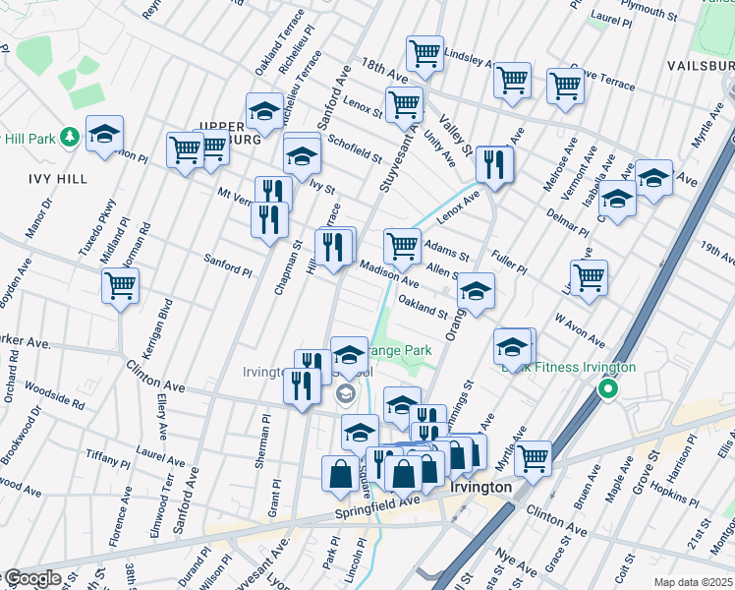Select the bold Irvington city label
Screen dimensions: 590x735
tap(480, 488)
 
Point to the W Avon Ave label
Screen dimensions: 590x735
tap(580, 330)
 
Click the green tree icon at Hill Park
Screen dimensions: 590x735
tap(69, 135)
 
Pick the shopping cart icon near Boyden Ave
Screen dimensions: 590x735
tap(120, 285)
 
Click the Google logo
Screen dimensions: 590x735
tap(31, 578)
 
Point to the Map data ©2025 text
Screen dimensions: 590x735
tap(693, 582)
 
